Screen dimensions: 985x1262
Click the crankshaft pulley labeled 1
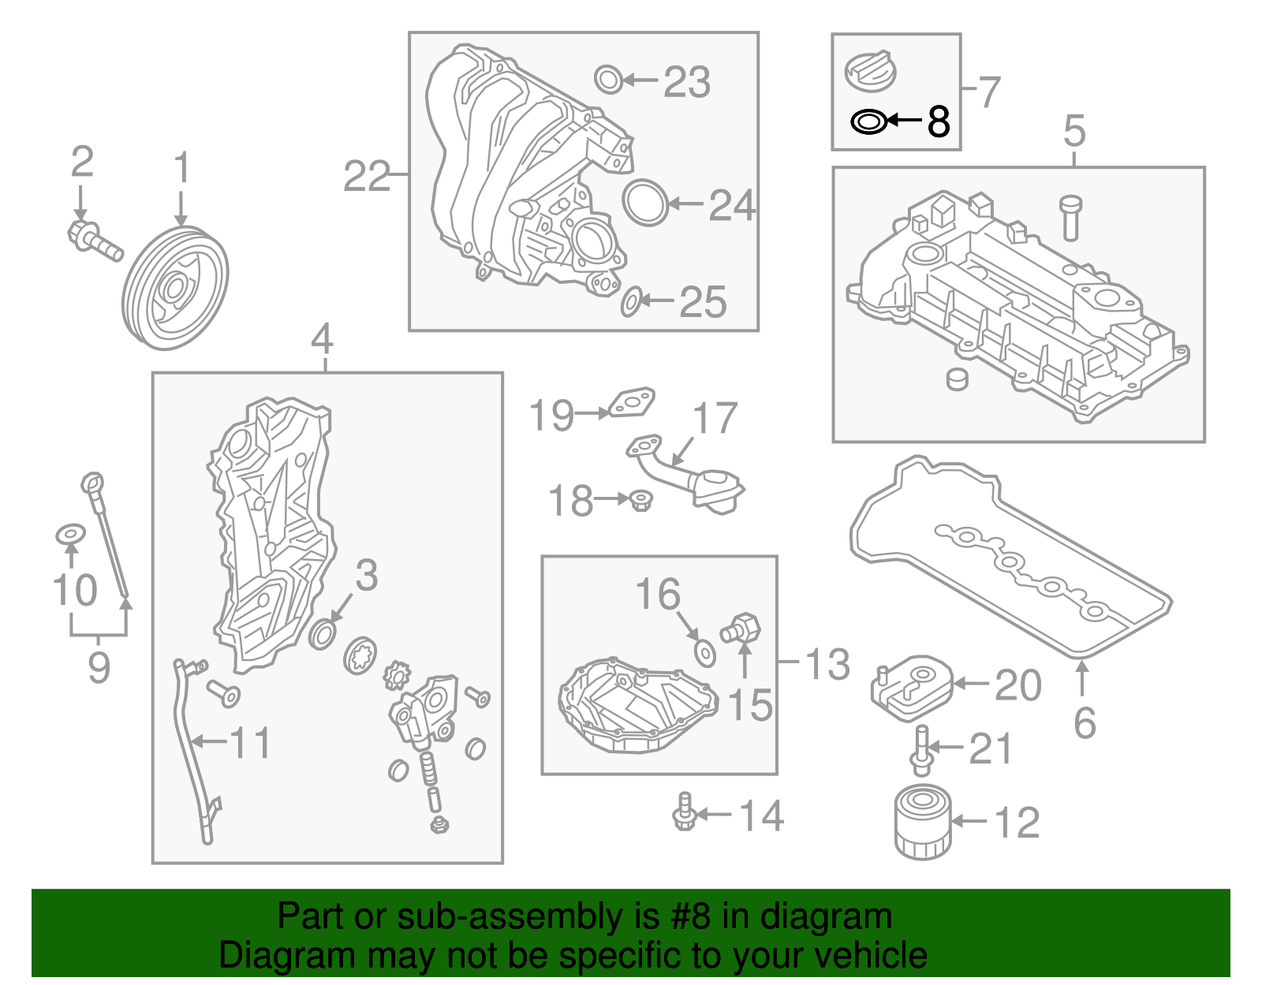click(x=175, y=287)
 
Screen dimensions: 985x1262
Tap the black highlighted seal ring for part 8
click(x=869, y=122)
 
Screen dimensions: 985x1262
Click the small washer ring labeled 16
click(x=704, y=653)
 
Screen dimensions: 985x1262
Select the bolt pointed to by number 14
click(x=684, y=812)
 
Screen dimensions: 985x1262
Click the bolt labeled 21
click(x=920, y=751)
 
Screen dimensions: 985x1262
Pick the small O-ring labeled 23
click(x=607, y=80)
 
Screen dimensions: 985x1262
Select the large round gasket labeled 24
click(x=645, y=203)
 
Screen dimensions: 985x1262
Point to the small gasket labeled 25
click(x=630, y=302)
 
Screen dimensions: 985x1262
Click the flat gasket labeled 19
click(x=633, y=402)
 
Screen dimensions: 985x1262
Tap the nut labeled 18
click(x=641, y=500)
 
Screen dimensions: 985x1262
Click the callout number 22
click(x=367, y=176)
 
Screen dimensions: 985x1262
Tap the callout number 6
click(x=1085, y=722)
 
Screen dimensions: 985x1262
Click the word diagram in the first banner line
click(x=826, y=916)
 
